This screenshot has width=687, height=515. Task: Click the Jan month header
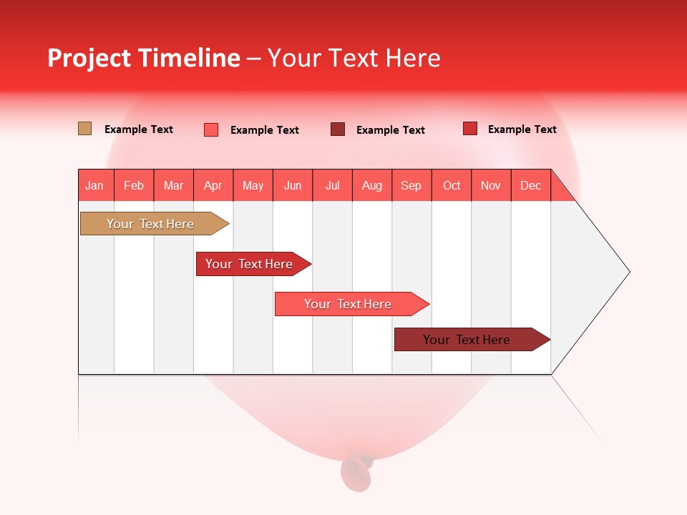pos(95,185)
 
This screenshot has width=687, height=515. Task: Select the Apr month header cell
pos(213,185)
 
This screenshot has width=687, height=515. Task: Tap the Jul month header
pos(332,185)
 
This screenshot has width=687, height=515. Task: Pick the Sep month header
pos(411,185)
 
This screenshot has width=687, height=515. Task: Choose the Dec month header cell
pos(530,185)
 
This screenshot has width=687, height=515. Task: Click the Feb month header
pos(134,185)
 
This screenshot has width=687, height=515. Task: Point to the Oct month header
pos(452,185)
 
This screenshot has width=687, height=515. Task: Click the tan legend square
pos(84,129)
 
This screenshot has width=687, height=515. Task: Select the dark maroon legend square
pos(338,129)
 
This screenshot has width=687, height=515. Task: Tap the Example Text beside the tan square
pos(139,129)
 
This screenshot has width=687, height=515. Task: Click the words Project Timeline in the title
pos(143,58)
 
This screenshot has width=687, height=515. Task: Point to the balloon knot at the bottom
pos(356,470)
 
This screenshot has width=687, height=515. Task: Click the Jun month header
pos(293,185)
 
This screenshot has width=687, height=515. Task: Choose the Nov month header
pos(491,185)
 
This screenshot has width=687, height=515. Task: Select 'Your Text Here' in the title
pos(354,58)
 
